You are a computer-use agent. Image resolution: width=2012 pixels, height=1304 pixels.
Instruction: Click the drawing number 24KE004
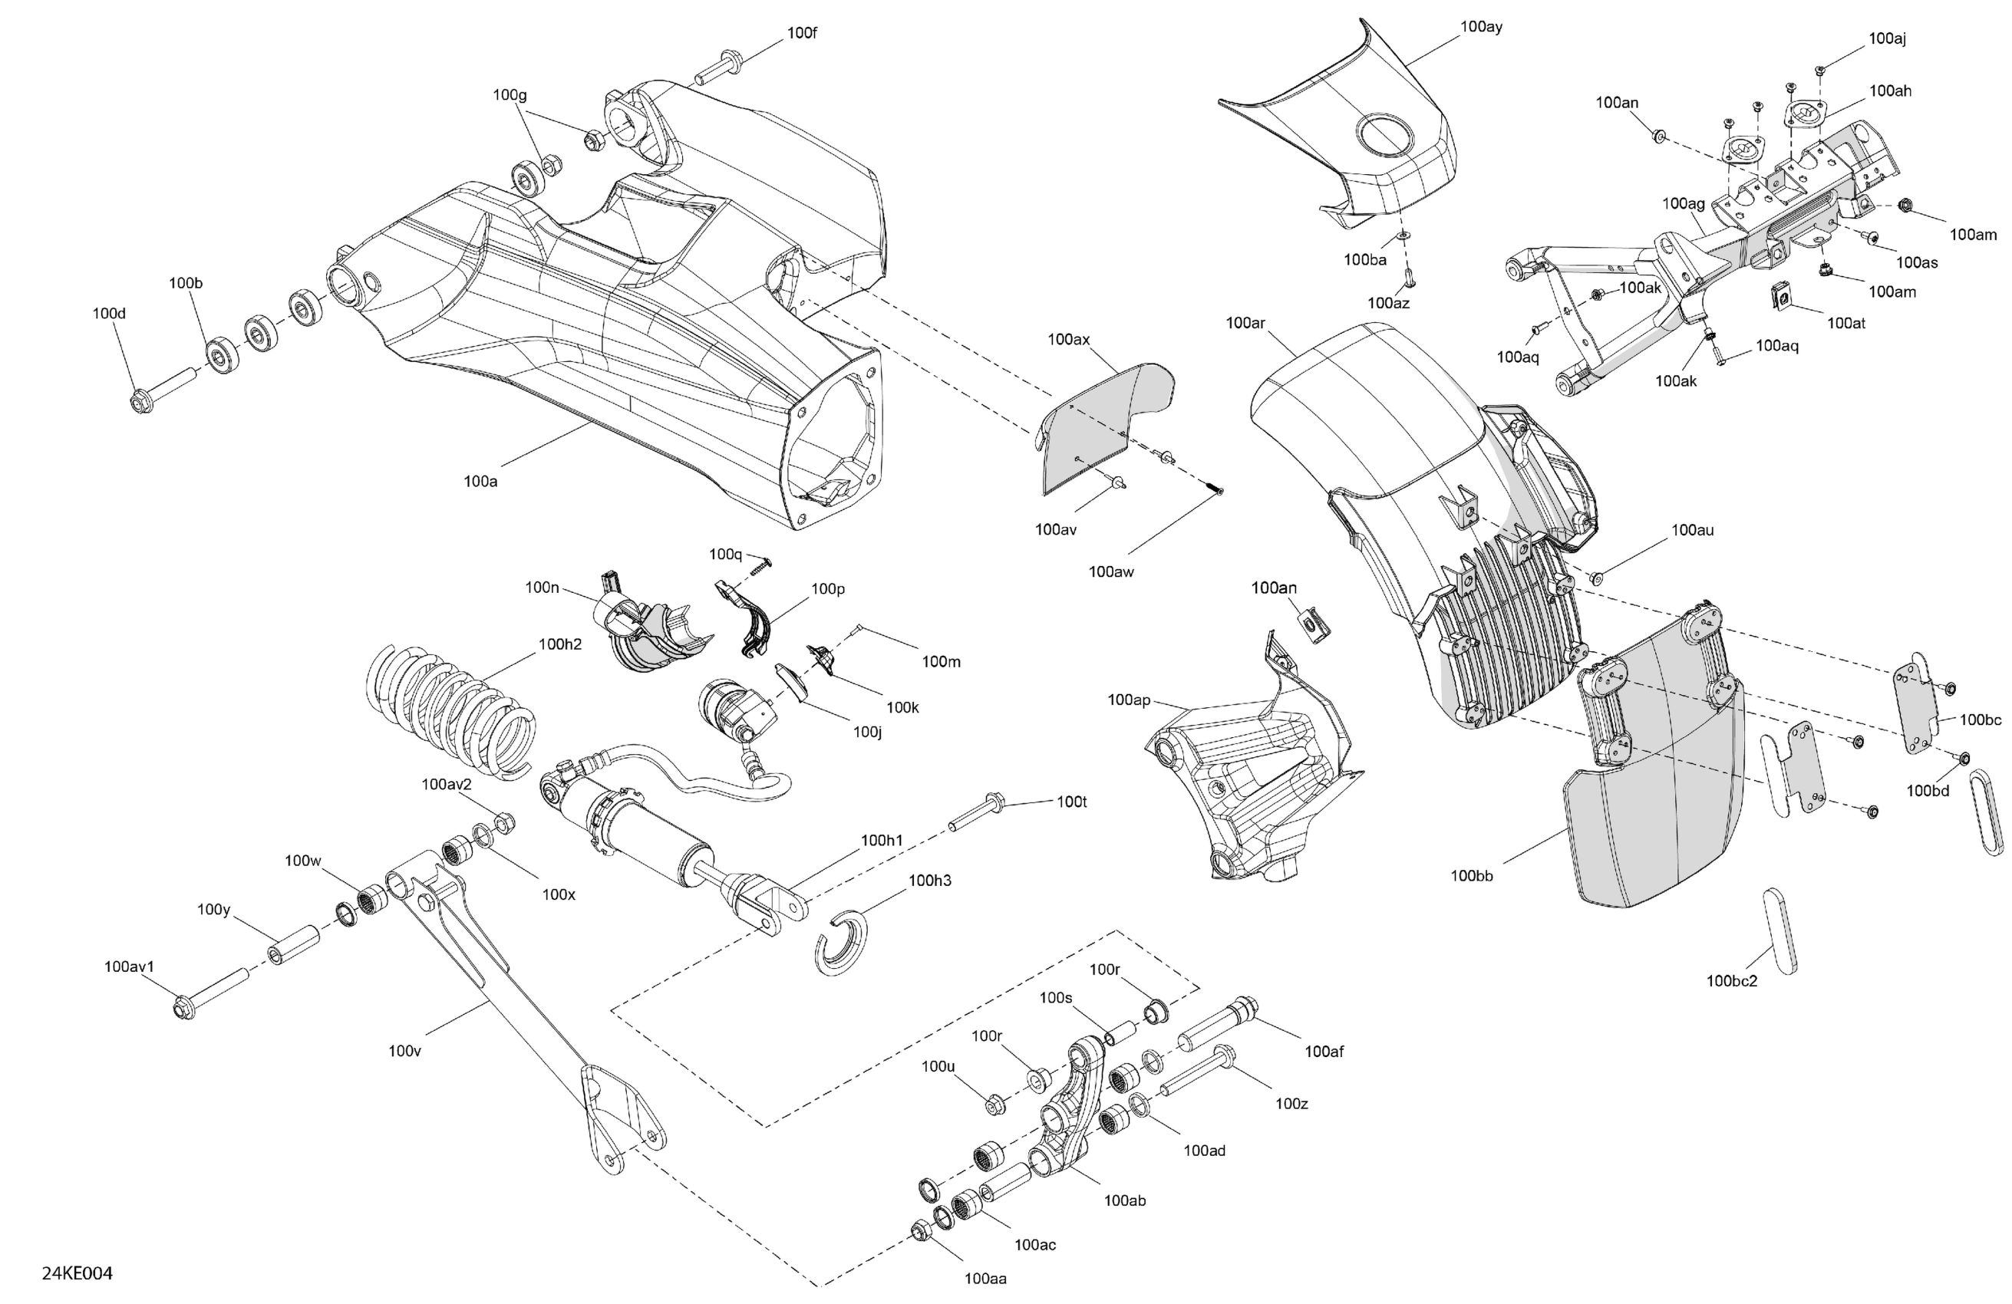(77, 1273)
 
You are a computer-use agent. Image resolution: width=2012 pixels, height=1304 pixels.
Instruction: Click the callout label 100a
(480, 482)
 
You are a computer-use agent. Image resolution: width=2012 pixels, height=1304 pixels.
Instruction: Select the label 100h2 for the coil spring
(560, 645)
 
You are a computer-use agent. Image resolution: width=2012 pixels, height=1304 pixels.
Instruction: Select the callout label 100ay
(1482, 27)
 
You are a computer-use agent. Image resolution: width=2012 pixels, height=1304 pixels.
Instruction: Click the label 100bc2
(1732, 981)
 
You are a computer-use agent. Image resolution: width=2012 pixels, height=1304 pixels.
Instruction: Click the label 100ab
(1125, 1200)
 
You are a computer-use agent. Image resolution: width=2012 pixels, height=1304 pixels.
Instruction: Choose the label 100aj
(1888, 39)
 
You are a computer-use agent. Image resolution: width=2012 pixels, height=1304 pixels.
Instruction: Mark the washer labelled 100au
(1597, 578)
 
